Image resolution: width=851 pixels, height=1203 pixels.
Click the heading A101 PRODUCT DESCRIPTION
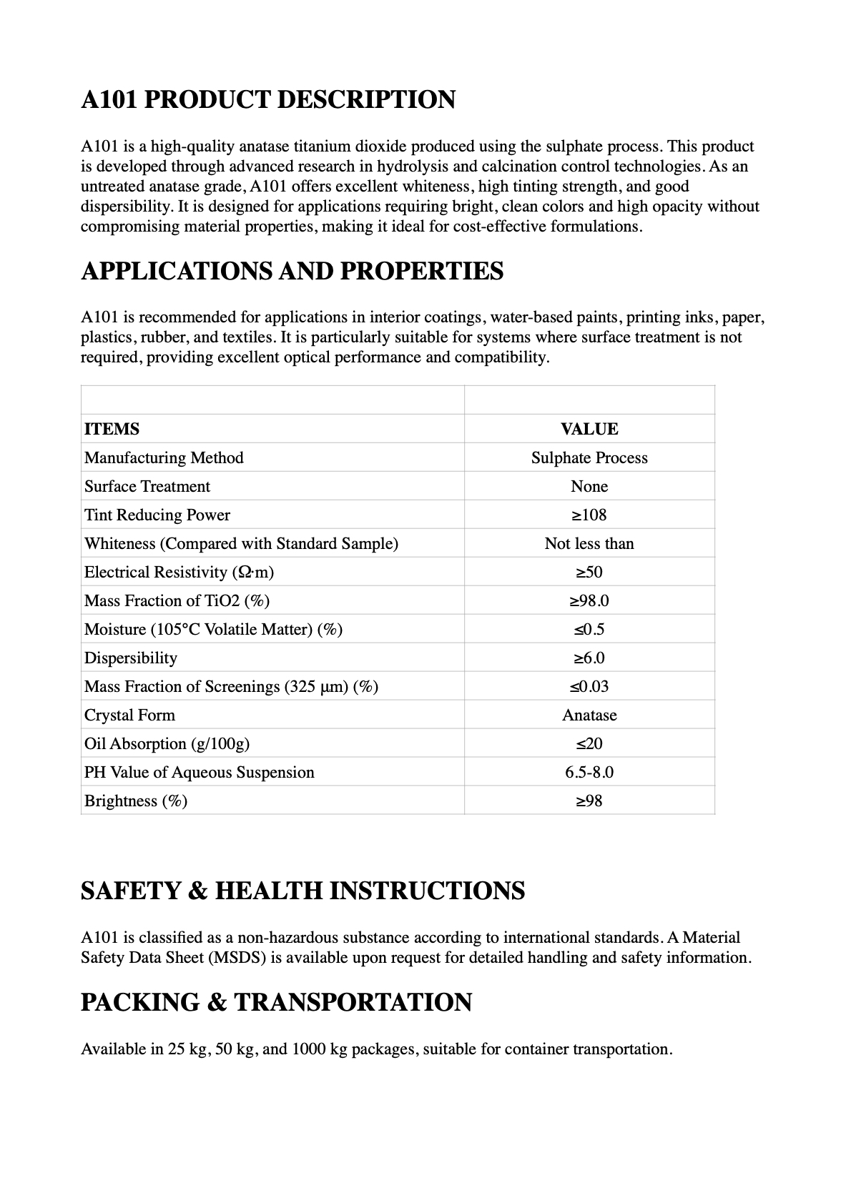(267, 99)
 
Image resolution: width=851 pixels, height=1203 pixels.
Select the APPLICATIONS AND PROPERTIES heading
(292, 271)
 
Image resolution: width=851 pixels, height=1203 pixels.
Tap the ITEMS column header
(112, 429)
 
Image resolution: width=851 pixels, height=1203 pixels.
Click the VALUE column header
(589, 429)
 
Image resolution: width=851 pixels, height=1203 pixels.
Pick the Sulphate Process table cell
(589, 457)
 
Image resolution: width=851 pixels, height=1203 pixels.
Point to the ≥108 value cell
(589, 515)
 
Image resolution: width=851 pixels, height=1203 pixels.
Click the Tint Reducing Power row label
(157, 515)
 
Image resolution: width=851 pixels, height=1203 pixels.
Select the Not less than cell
(589, 543)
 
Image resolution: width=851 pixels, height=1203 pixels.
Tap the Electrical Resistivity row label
(179, 572)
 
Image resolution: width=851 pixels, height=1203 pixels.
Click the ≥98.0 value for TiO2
(589, 600)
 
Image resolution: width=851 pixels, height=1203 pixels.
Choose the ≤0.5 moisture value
(589, 629)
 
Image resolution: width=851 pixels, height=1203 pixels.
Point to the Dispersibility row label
(130, 658)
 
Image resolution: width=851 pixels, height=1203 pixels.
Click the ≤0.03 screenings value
(589, 686)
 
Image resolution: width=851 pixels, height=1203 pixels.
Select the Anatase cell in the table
(589, 715)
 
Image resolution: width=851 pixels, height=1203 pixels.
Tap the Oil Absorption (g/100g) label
(167, 743)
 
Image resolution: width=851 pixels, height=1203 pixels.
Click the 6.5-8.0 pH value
(589, 772)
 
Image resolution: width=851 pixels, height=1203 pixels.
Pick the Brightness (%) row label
(135, 801)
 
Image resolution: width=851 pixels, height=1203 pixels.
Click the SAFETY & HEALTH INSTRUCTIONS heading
(302, 891)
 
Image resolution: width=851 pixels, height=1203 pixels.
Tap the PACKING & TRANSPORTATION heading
(276, 1002)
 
